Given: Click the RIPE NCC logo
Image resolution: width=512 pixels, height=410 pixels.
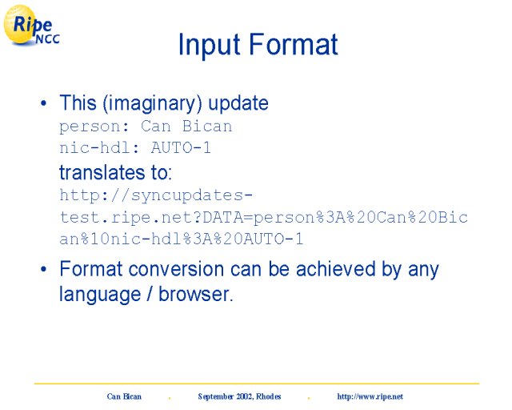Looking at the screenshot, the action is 31,25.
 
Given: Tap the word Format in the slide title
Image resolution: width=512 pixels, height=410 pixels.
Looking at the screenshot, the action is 294,44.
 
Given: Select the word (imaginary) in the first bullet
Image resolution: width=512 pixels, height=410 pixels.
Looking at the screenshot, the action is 152,103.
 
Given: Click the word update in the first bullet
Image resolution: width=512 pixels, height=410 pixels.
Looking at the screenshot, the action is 238,103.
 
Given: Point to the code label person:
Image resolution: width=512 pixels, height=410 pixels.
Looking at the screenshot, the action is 94,127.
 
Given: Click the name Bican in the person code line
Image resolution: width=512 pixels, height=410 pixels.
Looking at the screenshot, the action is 207,126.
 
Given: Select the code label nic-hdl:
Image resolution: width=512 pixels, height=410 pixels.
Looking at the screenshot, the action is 99,147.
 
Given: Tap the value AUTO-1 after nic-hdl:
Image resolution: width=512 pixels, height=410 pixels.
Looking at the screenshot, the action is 181,147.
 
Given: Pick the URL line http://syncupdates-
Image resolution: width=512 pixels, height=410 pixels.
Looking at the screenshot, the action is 156,196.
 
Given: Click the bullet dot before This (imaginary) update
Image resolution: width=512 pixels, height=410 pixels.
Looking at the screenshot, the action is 44,103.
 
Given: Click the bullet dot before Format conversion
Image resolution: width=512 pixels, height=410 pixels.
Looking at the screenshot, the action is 44,269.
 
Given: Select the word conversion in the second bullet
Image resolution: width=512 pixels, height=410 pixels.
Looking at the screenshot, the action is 176,269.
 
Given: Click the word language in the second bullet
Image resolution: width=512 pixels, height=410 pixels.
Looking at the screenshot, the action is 100,295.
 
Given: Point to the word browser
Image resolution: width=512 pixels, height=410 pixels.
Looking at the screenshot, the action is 195,294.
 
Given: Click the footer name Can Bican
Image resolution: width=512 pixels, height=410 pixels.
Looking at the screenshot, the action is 124,396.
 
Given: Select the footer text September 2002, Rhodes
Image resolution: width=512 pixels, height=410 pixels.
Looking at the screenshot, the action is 239,396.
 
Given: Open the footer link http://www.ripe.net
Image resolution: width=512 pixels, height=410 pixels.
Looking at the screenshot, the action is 370,396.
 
